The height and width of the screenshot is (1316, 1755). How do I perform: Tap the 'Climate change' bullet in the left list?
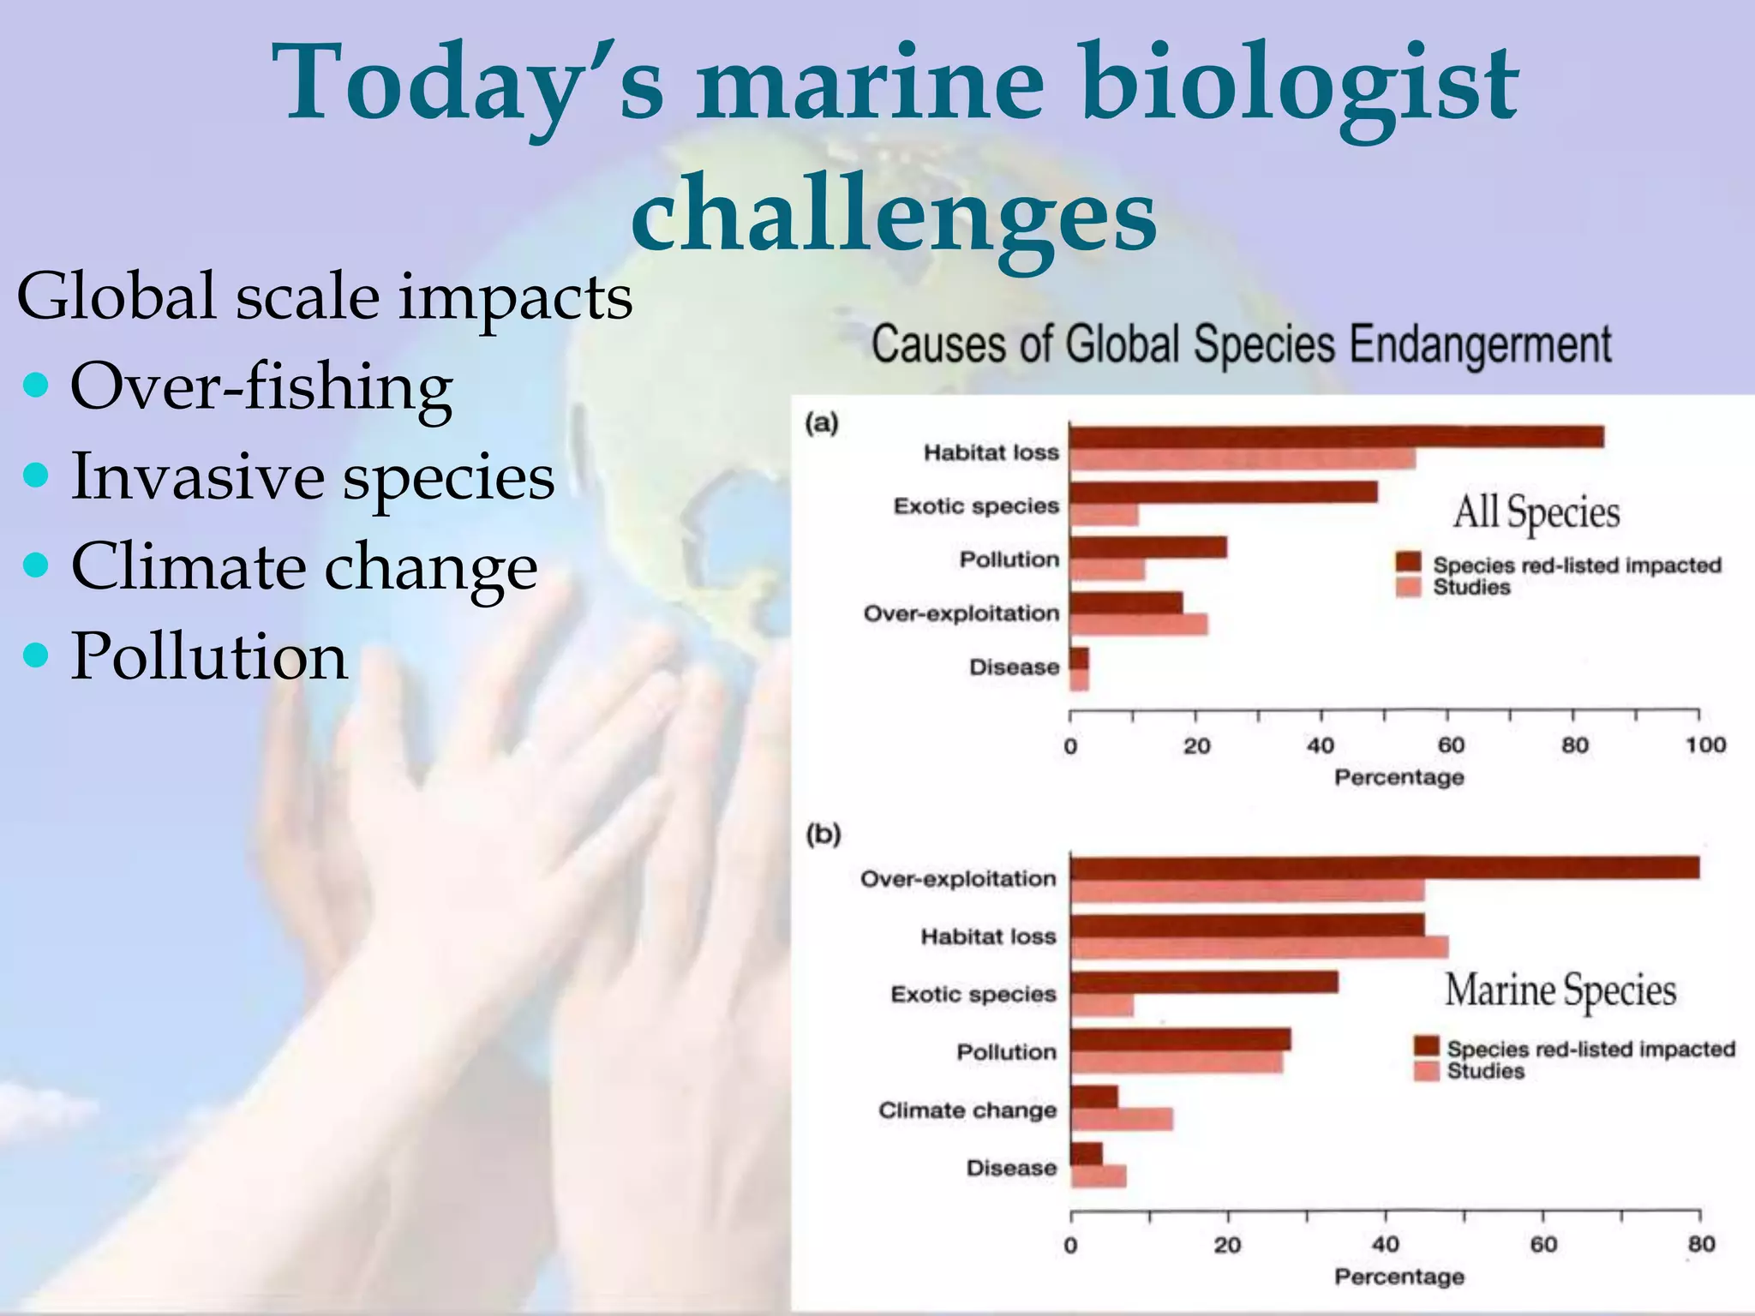pyautogui.click(x=304, y=567)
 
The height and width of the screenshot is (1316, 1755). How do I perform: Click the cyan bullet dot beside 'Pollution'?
pyautogui.click(x=36, y=656)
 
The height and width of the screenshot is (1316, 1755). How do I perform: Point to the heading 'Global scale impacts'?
pyautogui.click(x=324, y=296)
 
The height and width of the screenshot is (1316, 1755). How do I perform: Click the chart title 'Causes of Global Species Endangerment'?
pyautogui.click(x=1241, y=345)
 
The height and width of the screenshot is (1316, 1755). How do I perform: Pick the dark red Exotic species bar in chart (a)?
pyautogui.click(x=1224, y=492)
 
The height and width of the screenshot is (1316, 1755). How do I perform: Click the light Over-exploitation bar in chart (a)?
pyautogui.click(x=1139, y=625)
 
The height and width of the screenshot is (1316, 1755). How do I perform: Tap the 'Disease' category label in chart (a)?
pyautogui.click(x=1014, y=667)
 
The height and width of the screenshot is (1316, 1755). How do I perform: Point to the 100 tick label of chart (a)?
pyautogui.click(x=1704, y=745)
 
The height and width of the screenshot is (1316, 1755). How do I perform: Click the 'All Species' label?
pyautogui.click(x=1536, y=512)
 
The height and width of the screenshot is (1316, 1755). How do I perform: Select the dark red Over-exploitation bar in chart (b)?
pyautogui.click(x=1385, y=868)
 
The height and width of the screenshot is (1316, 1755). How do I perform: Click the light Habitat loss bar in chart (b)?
pyautogui.click(x=1260, y=948)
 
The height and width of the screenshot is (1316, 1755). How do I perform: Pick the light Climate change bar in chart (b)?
pyautogui.click(x=1122, y=1119)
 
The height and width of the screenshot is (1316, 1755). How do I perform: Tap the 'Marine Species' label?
pyautogui.click(x=1560, y=990)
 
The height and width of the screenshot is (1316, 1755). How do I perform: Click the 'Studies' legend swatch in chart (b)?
pyautogui.click(x=1426, y=1071)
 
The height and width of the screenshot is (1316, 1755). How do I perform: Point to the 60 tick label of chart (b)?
pyautogui.click(x=1543, y=1245)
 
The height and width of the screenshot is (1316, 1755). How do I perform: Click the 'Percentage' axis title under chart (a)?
pyautogui.click(x=1399, y=777)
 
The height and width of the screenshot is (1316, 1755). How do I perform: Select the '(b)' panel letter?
pyautogui.click(x=823, y=834)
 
